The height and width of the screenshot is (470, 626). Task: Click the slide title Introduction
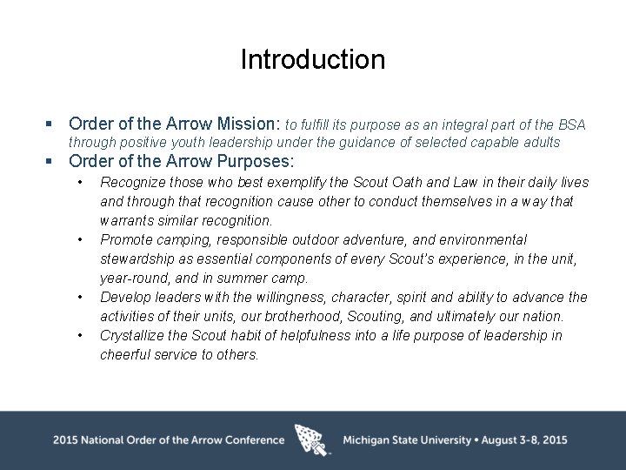tap(312, 60)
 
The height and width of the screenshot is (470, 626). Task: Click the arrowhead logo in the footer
tap(312, 440)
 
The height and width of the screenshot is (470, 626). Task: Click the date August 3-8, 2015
tap(522, 440)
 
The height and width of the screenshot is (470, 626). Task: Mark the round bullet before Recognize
tap(80, 182)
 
